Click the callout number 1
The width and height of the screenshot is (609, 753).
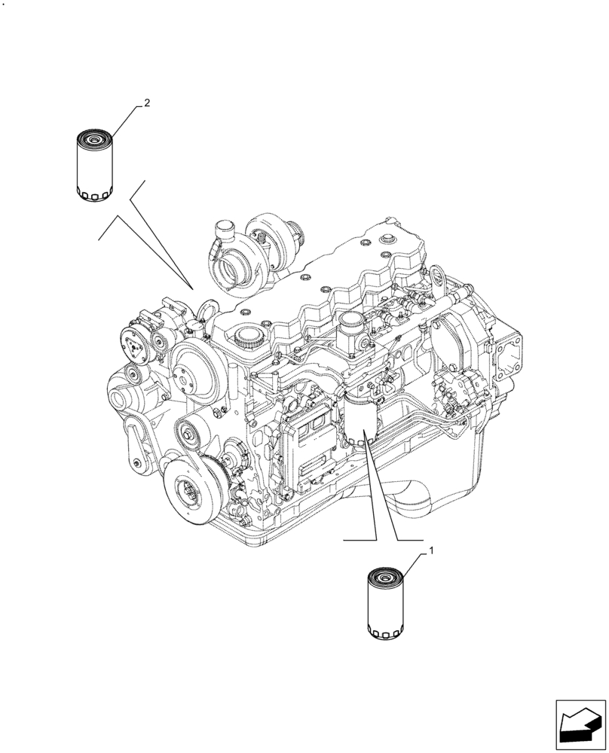click(431, 552)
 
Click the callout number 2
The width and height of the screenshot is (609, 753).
click(147, 103)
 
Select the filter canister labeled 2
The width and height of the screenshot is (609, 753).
click(95, 166)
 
